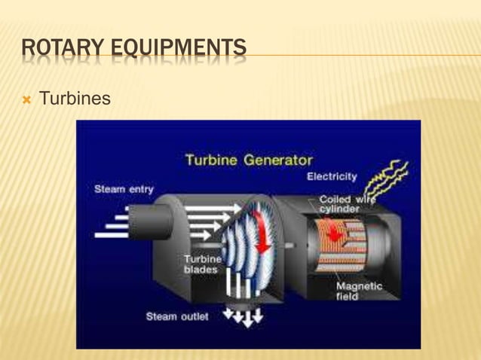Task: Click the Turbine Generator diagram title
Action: tap(249, 160)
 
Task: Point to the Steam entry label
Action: tap(124, 189)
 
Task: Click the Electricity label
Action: tap(332, 176)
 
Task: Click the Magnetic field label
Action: tap(359, 291)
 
